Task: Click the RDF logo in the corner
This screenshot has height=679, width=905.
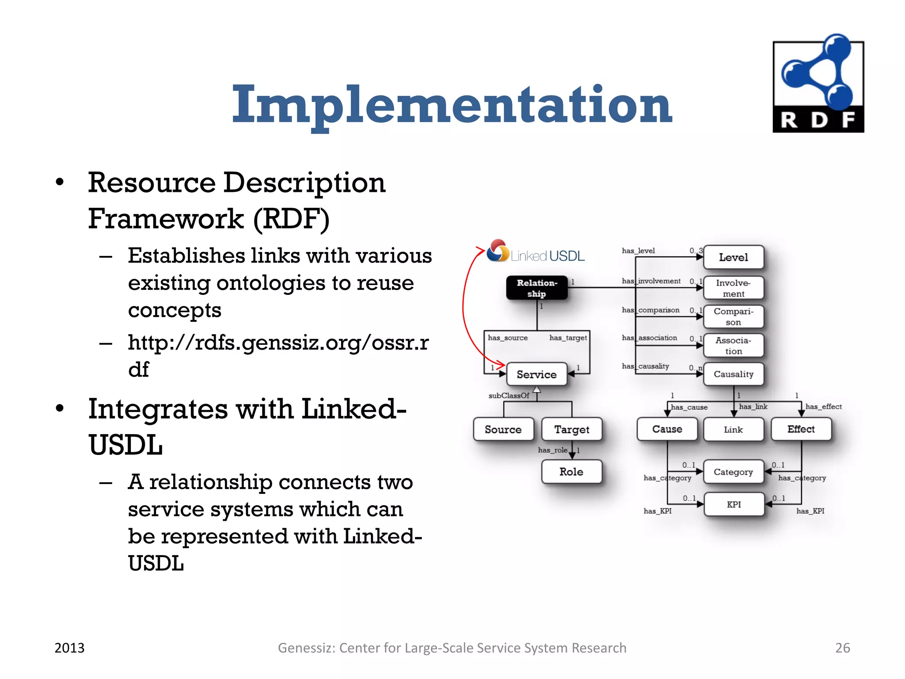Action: click(818, 84)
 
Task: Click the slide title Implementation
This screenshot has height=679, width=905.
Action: click(452, 105)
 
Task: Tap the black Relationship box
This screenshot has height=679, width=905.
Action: click(537, 288)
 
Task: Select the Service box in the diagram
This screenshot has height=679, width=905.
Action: click(536, 374)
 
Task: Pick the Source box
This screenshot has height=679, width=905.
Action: click(503, 429)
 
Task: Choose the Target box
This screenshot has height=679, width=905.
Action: click(571, 429)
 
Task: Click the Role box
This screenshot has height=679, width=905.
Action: click(571, 472)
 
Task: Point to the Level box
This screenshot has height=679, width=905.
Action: click(733, 257)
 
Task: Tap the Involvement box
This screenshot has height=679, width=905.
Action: click(733, 288)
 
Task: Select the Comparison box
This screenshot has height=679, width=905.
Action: click(733, 317)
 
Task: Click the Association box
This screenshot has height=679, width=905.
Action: click(733, 345)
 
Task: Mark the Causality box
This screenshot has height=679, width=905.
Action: click(733, 374)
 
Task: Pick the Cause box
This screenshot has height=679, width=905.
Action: click(667, 429)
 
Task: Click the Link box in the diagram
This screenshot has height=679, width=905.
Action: click(733, 429)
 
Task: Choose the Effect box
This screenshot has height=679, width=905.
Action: click(801, 429)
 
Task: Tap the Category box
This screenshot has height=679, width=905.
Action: click(733, 472)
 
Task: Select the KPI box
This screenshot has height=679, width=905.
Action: click(734, 504)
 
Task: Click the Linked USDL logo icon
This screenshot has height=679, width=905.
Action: click(498, 250)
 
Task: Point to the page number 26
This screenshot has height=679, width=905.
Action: click(842, 648)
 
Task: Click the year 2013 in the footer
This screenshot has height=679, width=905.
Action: click(69, 648)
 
